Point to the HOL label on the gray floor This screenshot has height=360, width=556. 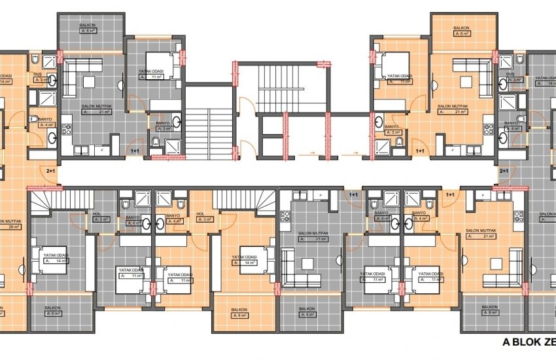point(97,213)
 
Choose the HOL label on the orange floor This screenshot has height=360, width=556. point(201,213)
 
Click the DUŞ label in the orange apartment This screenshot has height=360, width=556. point(37,74)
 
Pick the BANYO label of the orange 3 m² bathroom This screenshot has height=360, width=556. point(391,126)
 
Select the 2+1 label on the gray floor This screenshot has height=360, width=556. point(504,171)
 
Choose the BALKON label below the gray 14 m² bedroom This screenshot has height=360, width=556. point(52,308)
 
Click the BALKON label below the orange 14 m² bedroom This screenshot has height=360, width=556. point(240,308)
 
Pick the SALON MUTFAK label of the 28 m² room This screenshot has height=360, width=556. point(11,222)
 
